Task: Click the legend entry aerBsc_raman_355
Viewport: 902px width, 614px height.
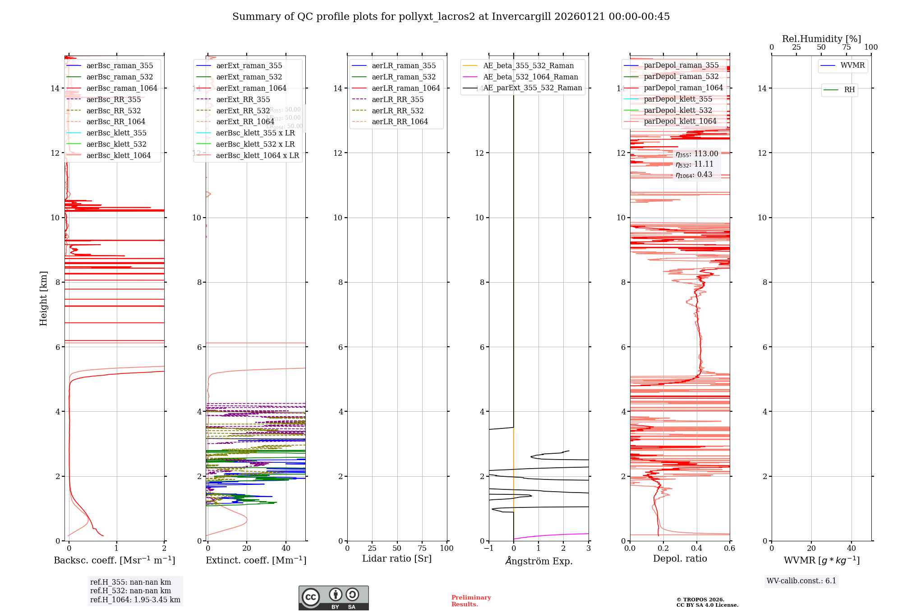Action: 120,66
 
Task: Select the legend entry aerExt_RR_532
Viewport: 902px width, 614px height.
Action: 243,111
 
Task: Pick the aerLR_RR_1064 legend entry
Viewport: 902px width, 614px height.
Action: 400,122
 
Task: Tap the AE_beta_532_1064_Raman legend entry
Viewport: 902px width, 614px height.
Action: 530,77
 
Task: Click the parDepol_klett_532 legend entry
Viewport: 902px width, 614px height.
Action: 678,110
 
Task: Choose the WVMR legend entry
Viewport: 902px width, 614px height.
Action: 852,65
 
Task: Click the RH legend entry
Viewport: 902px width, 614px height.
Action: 849,90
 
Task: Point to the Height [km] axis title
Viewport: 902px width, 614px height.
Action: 43,298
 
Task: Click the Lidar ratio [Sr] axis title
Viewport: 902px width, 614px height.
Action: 396,558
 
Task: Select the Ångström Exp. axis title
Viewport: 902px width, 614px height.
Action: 538,561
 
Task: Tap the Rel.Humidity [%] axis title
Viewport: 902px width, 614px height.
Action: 821,39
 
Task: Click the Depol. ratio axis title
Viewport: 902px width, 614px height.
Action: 680,558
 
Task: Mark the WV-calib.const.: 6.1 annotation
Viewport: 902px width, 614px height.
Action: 801,581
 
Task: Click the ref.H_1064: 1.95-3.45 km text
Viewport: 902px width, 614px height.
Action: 135,600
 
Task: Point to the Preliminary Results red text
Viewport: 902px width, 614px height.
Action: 471,601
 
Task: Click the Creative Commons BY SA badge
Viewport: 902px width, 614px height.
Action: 333,598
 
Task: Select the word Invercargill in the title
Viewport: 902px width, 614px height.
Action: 521,17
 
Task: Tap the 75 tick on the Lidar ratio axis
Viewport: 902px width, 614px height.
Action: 422,549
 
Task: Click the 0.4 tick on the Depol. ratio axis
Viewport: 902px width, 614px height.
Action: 697,549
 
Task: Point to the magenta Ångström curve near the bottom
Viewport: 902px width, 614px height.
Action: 550,535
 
